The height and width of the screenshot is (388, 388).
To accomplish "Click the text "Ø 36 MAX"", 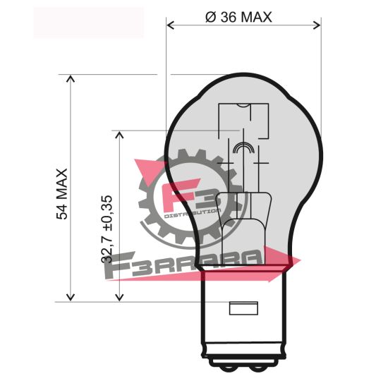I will (238, 18).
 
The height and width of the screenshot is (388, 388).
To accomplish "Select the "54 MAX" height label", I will (62, 193).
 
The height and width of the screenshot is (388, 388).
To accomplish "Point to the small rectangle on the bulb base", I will (244, 308).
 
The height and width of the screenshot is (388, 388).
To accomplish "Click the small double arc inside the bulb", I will (243, 147).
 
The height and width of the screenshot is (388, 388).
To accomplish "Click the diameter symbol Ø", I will (210, 18).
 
